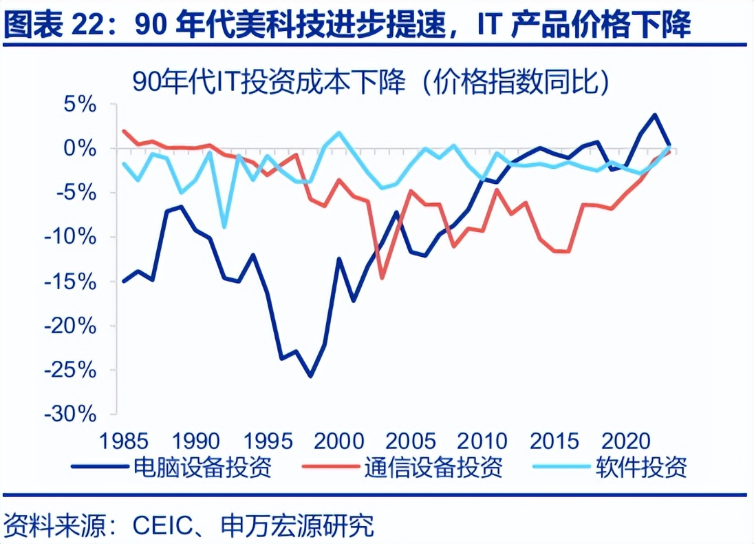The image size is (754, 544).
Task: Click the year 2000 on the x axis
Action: [338, 440]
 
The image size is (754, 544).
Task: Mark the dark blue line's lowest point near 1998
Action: [310, 376]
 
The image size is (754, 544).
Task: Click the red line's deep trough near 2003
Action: [381, 278]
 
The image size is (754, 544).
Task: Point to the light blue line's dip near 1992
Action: [224, 227]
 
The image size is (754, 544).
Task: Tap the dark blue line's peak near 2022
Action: [654, 115]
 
